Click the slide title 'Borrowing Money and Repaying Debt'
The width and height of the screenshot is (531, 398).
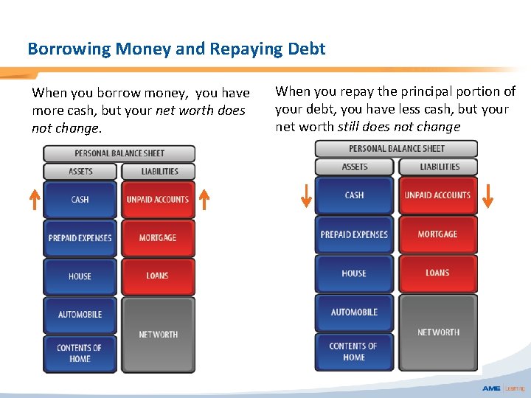coord(176,49)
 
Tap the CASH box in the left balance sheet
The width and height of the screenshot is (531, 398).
coord(80,200)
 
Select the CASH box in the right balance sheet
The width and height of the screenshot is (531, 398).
coord(354,195)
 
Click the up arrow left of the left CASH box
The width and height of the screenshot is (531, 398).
coord(34,200)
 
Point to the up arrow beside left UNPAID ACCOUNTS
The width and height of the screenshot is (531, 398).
coord(204,200)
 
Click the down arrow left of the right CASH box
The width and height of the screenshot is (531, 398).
coord(306,196)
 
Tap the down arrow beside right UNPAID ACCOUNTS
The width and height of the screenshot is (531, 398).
coord(487,196)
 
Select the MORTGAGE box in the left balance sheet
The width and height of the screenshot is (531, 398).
coord(158,238)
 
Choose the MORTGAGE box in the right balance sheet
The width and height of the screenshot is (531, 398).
coord(437,234)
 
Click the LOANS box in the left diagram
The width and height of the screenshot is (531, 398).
coord(158,276)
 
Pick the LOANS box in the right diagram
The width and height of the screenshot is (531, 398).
coord(437,273)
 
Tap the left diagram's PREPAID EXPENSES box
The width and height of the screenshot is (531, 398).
coord(80,238)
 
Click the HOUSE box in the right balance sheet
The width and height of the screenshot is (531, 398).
coord(354,273)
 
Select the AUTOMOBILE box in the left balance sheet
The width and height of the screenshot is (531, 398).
coord(80,315)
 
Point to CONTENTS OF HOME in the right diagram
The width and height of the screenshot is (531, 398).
coord(354,352)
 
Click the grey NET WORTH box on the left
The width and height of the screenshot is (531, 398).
coord(158,335)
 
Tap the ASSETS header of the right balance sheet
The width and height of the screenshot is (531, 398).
coord(355,167)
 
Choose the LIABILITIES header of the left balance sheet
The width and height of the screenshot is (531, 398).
coord(159,171)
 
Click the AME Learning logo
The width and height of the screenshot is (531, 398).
coord(503,388)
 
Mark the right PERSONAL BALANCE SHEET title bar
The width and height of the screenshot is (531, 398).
coord(396,149)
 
